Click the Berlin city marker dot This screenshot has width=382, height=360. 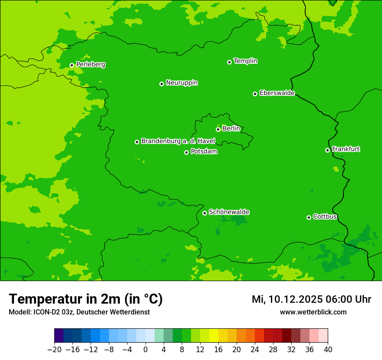pyautogui.click(x=218, y=129)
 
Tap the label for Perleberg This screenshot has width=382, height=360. pyautogui.click(x=90, y=65)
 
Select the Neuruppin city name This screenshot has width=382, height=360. pyautogui.click(x=181, y=83)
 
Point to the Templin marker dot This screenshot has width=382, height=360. pyautogui.click(x=229, y=62)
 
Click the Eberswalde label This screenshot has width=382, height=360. pyautogui.click(x=277, y=93)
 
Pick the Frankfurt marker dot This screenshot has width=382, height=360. pyautogui.click(x=327, y=151)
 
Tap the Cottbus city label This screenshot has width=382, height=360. pyautogui.click(x=325, y=216)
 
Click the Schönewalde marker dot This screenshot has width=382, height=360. pyautogui.click(x=204, y=213)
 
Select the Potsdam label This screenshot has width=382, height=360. pyautogui.click(x=204, y=152)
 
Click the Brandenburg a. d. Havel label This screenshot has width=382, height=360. pyautogui.click(x=178, y=141)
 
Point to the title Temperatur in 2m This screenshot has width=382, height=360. pyautogui.click(x=86, y=299)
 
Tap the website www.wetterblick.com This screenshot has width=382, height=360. pyautogui.click(x=313, y=312)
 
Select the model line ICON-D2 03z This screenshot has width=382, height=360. pyautogui.click(x=79, y=312)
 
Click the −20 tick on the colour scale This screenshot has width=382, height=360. pyautogui.click(x=54, y=350)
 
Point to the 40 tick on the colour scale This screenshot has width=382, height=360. pyautogui.click(x=328, y=350)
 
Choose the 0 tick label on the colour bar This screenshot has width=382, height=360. pyautogui.click(x=145, y=350)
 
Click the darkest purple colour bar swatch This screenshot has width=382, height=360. pyautogui.click(x=59, y=336)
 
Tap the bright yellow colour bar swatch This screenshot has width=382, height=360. pyautogui.click(x=214, y=336)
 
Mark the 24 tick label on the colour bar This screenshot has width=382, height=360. pyautogui.click(x=255, y=350)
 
